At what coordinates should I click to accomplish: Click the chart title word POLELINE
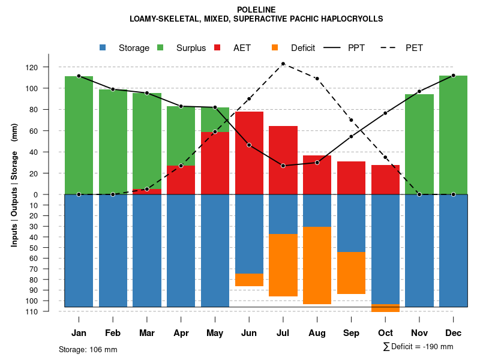coord(256,10)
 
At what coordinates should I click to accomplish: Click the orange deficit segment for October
coord(385,308)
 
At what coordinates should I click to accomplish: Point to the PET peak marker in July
coord(283,64)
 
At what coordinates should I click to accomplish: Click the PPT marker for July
coord(283,166)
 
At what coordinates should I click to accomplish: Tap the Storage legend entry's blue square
coord(103,48)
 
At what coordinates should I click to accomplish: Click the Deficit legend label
coord(303,48)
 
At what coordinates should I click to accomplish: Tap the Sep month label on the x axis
coord(351,333)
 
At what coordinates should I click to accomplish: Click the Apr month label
coord(181,333)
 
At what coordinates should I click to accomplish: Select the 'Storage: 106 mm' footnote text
coord(88,349)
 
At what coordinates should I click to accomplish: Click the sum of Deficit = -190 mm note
coord(418,347)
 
